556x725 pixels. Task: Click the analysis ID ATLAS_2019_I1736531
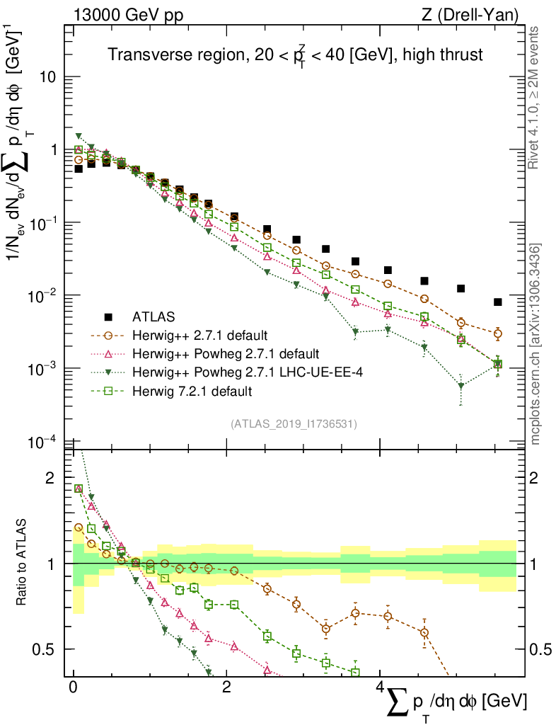pyautogui.click(x=294, y=424)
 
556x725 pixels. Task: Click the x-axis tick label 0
pyautogui.click(x=73, y=688)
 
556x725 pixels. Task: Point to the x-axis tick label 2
pyautogui.click(x=226, y=688)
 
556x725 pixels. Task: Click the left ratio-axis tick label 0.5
pyautogui.click(x=45, y=649)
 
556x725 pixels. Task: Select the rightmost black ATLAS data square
pyautogui.click(x=498, y=302)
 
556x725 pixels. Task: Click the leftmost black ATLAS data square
pyautogui.click(x=79, y=169)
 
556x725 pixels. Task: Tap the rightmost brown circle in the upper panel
pyautogui.click(x=498, y=333)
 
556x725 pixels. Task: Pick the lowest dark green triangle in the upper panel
pyautogui.click(x=461, y=387)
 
